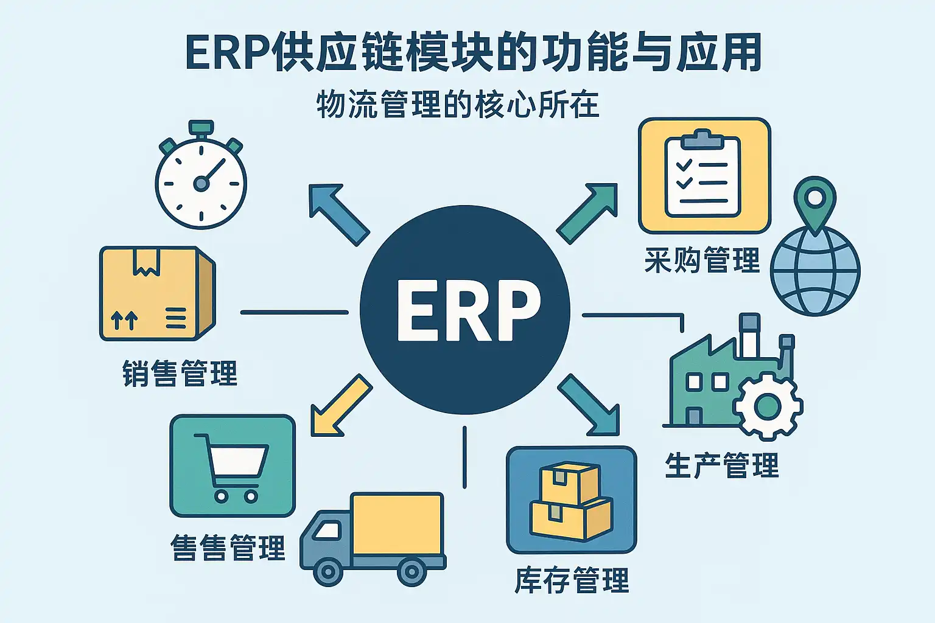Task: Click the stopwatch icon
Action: pos(201,179)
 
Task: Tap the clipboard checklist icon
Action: pos(704,176)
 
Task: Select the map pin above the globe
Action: pos(815,201)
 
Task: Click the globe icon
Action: pos(815,271)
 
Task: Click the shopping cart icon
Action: pos(232,466)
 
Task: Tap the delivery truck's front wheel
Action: pos(328,571)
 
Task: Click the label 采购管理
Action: pos(702,260)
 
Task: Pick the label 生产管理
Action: pos(722,466)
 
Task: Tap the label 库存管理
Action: pos(572,580)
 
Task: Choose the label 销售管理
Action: pos(180,374)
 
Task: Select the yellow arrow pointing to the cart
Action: pos(338,407)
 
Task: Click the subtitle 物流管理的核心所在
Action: pos(458,105)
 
